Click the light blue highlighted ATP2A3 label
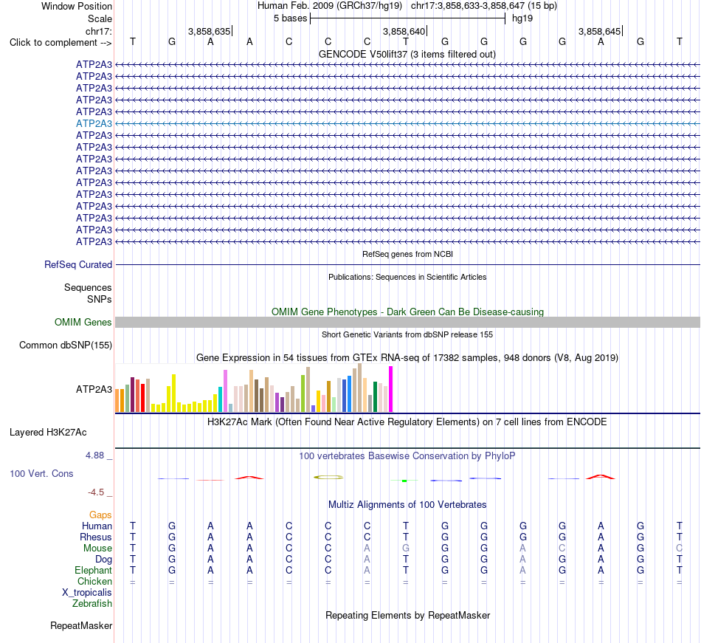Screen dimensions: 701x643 pyautogui.click(x=94, y=123)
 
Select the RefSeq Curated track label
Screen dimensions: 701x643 pyautogui.click(x=78, y=265)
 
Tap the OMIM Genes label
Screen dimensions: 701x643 pyautogui.click(x=83, y=322)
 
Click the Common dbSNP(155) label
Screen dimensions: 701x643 pyautogui.click(x=66, y=345)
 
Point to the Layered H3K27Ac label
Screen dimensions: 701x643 pyautogui.click(x=48, y=433)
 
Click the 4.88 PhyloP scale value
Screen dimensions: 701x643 pyautogui.click(x=94, y=455)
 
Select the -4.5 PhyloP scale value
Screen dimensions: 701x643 pyautogui.click(x=96, y=492)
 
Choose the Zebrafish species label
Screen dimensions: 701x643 pyautogui.click(x=92, y=604)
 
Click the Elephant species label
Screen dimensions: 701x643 pyautogui.click(x=94, y=570)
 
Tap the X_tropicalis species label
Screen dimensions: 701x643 pyautogui.click(x=87, y=593)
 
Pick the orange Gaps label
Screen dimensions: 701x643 pyautogui.click(x=100, y=515)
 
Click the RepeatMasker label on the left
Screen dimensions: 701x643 pyautogui.click(x=81, y=625)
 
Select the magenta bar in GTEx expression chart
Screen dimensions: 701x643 pyautogui.click(x=391, y=389)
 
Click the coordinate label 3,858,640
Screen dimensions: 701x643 pyautogui.click(x=404, y=31)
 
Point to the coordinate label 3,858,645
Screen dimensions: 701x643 pyautogui.click(x=599, y=31)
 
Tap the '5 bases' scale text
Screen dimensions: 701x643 pyautogui.click(x=291, y=18)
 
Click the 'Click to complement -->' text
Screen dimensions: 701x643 pyautogui.click(x=61, y=43)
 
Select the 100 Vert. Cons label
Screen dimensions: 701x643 pyautogui.click(x=41, y=473)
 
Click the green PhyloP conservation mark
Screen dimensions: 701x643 pyautogui.click(x=404, y=481)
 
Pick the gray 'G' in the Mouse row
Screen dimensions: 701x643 pyautogui.click(x=406, y=549)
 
